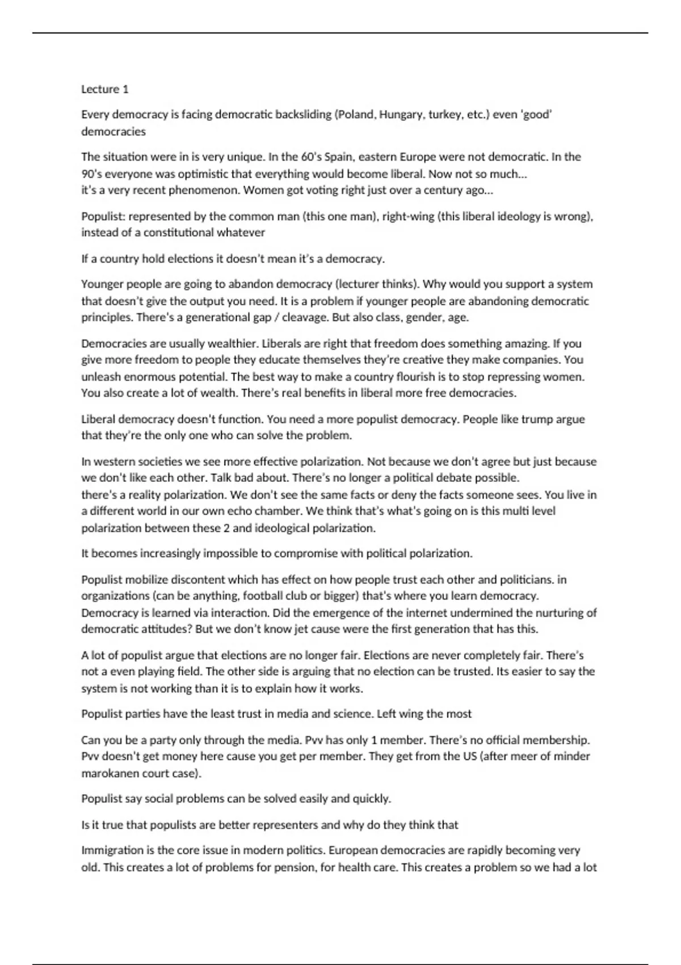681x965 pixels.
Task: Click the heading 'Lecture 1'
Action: click(105, 89)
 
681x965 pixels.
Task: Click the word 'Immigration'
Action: click(111, 850)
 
